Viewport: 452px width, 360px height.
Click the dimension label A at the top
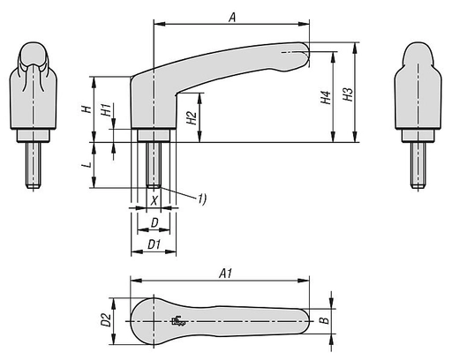(x=231, y=16)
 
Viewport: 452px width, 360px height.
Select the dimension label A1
(x=225, y=274)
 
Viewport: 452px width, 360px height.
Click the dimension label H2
(x=192, y=118)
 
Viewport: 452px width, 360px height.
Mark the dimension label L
(x=85, y=164)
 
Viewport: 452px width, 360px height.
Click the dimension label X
(x=154, y=201)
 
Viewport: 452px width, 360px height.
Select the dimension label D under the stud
(x=154, y=221)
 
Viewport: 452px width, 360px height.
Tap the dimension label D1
(x=153, y=243)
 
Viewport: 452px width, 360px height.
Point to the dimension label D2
(x=105, y=321)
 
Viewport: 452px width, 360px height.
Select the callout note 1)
(x=201, y=199)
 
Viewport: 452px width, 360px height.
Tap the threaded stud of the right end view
(x=417, y=163)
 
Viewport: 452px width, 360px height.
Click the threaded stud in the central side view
(x=154, y=164)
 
